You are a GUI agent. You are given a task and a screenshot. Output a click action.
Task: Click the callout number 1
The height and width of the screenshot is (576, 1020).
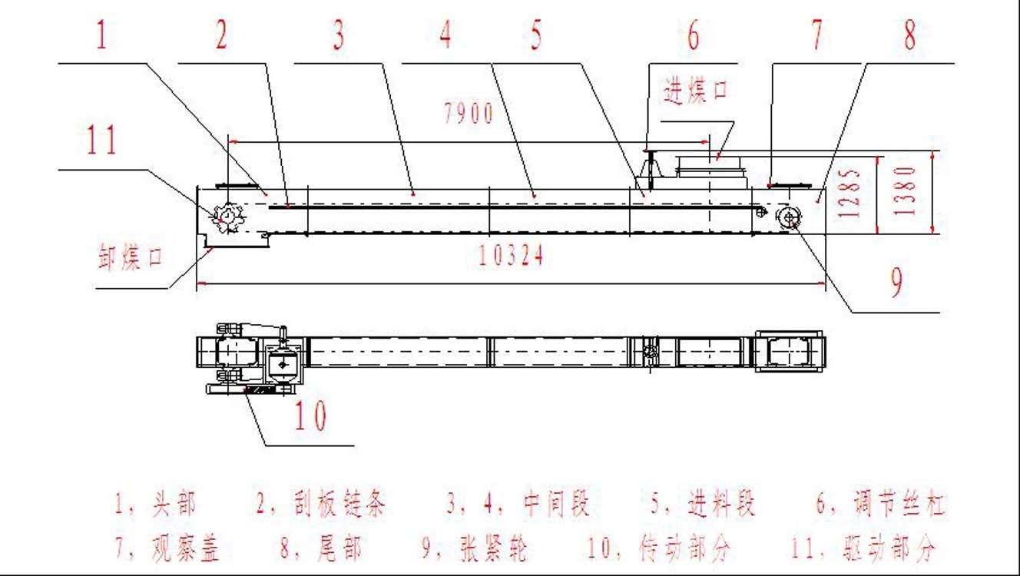coord(101,36)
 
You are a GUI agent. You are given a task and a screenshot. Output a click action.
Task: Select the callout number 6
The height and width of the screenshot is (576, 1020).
coord(693,36)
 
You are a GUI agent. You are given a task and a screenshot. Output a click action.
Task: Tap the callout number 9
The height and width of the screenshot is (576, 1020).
coord(896,283)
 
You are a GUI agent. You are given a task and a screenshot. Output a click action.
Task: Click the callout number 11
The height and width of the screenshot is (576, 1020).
coord(102,141)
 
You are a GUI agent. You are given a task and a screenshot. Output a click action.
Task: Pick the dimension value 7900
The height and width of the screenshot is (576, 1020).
coord(468,115)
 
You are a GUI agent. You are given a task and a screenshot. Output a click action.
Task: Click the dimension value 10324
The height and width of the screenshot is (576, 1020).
coord(511,256)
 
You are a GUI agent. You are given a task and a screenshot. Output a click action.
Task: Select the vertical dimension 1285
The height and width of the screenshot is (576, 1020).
coord(852,193)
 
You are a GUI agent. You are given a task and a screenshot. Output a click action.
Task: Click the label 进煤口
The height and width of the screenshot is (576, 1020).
coord(696,91)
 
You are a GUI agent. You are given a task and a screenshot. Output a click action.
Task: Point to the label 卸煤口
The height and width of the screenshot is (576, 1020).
coord(131,257)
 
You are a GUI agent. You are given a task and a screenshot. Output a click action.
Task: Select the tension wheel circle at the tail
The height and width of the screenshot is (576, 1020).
coord(789,218)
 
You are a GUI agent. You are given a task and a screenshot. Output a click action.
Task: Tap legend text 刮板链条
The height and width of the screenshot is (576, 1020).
coord(341,505)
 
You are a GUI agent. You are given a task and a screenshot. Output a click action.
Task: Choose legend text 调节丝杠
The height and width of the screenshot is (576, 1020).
coord(899,505)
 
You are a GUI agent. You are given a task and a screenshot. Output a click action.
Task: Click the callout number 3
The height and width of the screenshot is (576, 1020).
coord(337,36)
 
